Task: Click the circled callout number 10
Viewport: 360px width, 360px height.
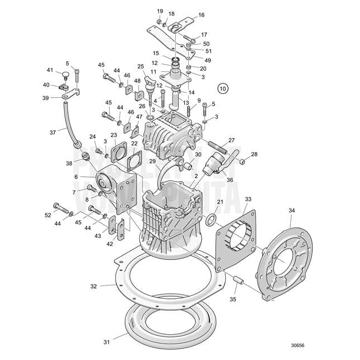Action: pos(224,88)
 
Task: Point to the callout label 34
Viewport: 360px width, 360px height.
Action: pos(291,211)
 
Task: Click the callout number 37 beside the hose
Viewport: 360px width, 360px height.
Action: pos(53,133)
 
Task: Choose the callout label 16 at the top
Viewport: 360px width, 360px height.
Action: pos(201,15)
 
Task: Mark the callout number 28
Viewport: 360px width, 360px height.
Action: pos(254,154)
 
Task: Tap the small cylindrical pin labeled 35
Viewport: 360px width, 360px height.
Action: pos(237,279)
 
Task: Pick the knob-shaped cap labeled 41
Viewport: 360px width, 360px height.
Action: pos(67,75)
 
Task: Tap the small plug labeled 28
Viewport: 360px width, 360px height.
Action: pos(243,162)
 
